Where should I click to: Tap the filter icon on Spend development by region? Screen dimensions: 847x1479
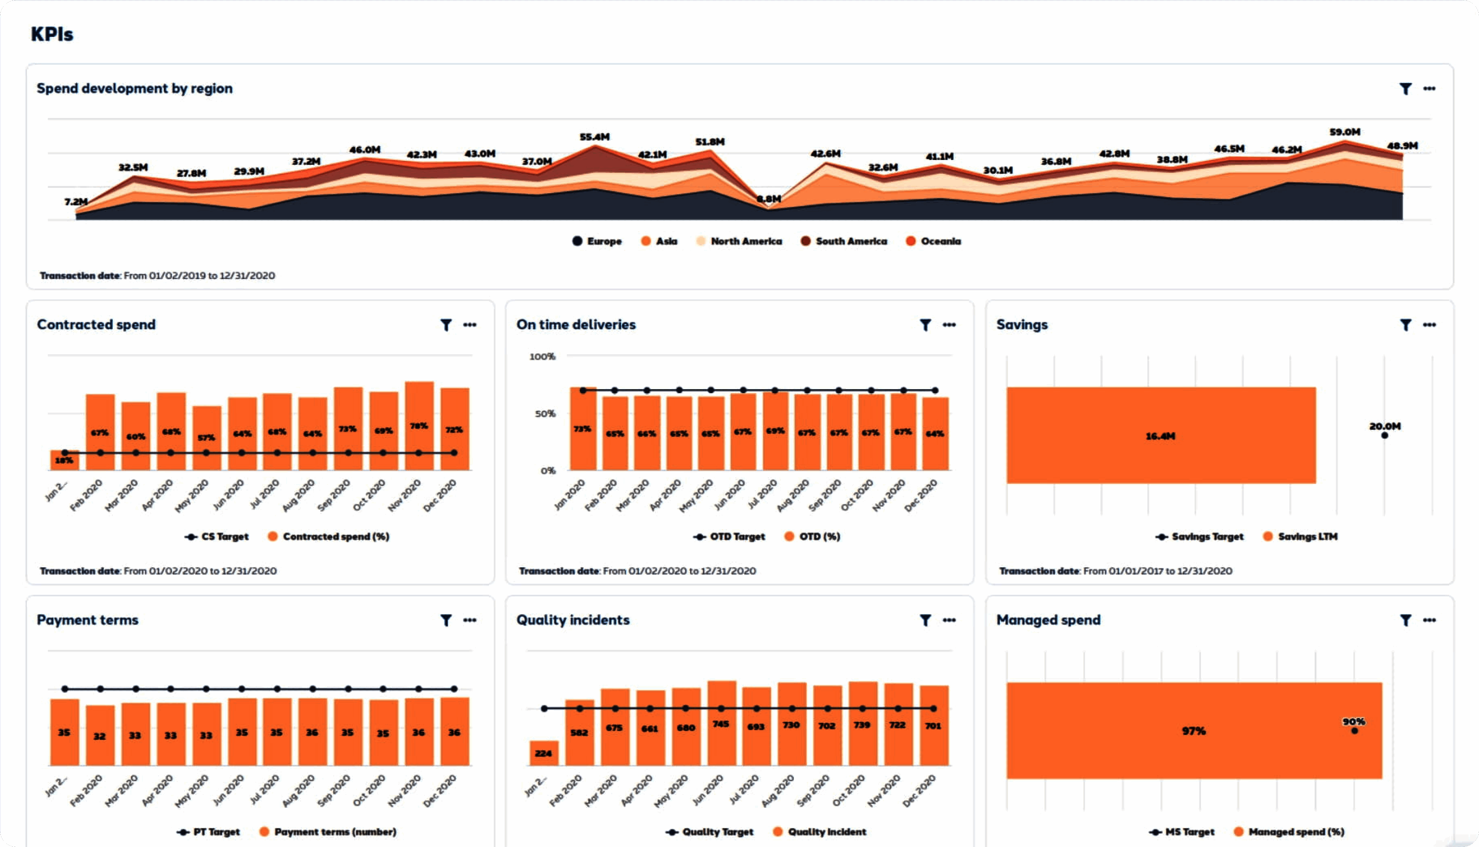(x=1405, y=89)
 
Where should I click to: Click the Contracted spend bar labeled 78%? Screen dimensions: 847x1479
(x=419, y=425)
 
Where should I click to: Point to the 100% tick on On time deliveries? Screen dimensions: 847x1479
(x=542, y=357)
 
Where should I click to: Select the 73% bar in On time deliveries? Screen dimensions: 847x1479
(x=583, y=428)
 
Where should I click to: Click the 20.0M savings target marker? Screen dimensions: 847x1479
(x=1384, y=435)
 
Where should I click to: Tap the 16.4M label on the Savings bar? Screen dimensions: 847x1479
(x=1160, y=436)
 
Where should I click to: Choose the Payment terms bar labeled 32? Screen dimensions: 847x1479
(x=100, y=735)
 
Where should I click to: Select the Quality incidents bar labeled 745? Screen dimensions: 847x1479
(x=721, y=724)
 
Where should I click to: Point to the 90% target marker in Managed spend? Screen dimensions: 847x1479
(x=1354, y=731)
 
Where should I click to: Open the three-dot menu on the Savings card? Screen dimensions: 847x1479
(x=1429, y=324)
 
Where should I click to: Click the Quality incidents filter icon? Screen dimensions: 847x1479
(x=925, y=620)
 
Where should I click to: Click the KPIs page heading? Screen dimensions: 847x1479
(x=52, y=34)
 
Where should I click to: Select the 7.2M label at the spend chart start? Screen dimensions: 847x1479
(x=76, y=202)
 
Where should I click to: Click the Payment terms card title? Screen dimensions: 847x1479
(x=87, y=620)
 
